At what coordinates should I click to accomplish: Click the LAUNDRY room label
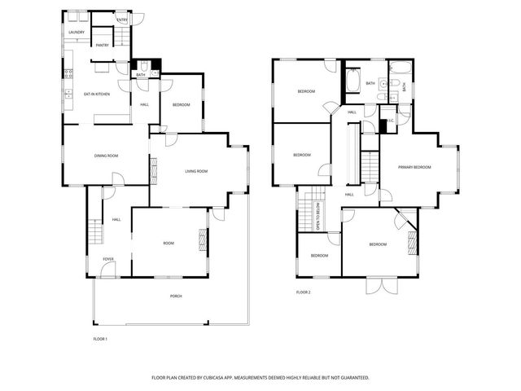pyautogui.click(x=77, y=33)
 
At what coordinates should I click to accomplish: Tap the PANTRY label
pyautogui.click(x=103, y=46)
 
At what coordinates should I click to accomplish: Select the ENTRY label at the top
pyautogui.click(x=122, y=20)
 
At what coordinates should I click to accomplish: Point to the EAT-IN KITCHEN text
pyautogui.click(x=97, y=94)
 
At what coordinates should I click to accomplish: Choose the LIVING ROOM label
pyautogui.click(x=196, y=171)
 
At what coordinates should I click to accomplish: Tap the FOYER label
pyautogui.click(x=108, y=260)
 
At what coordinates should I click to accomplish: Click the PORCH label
pyautogui.click(x=176, y=296)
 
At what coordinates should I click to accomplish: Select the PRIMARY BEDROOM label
pyautogui.click(x=414, y=167)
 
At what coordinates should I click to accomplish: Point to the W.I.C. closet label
pyautogui.click(x=390, y=121)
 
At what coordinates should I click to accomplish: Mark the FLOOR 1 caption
pyautogui.click(x=101, y=337)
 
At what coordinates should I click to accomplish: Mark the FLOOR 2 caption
pyautogui.click(x=304, y=291)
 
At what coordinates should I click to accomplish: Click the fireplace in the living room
pyautogui.click(x=152, y=169)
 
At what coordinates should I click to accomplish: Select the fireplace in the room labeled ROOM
pyautogui.click(x=203, y=241)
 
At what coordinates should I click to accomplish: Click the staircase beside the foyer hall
pyautogui.click(x=95, y=233)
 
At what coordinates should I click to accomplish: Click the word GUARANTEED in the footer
pyautogui.click(x=349, y=378)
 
